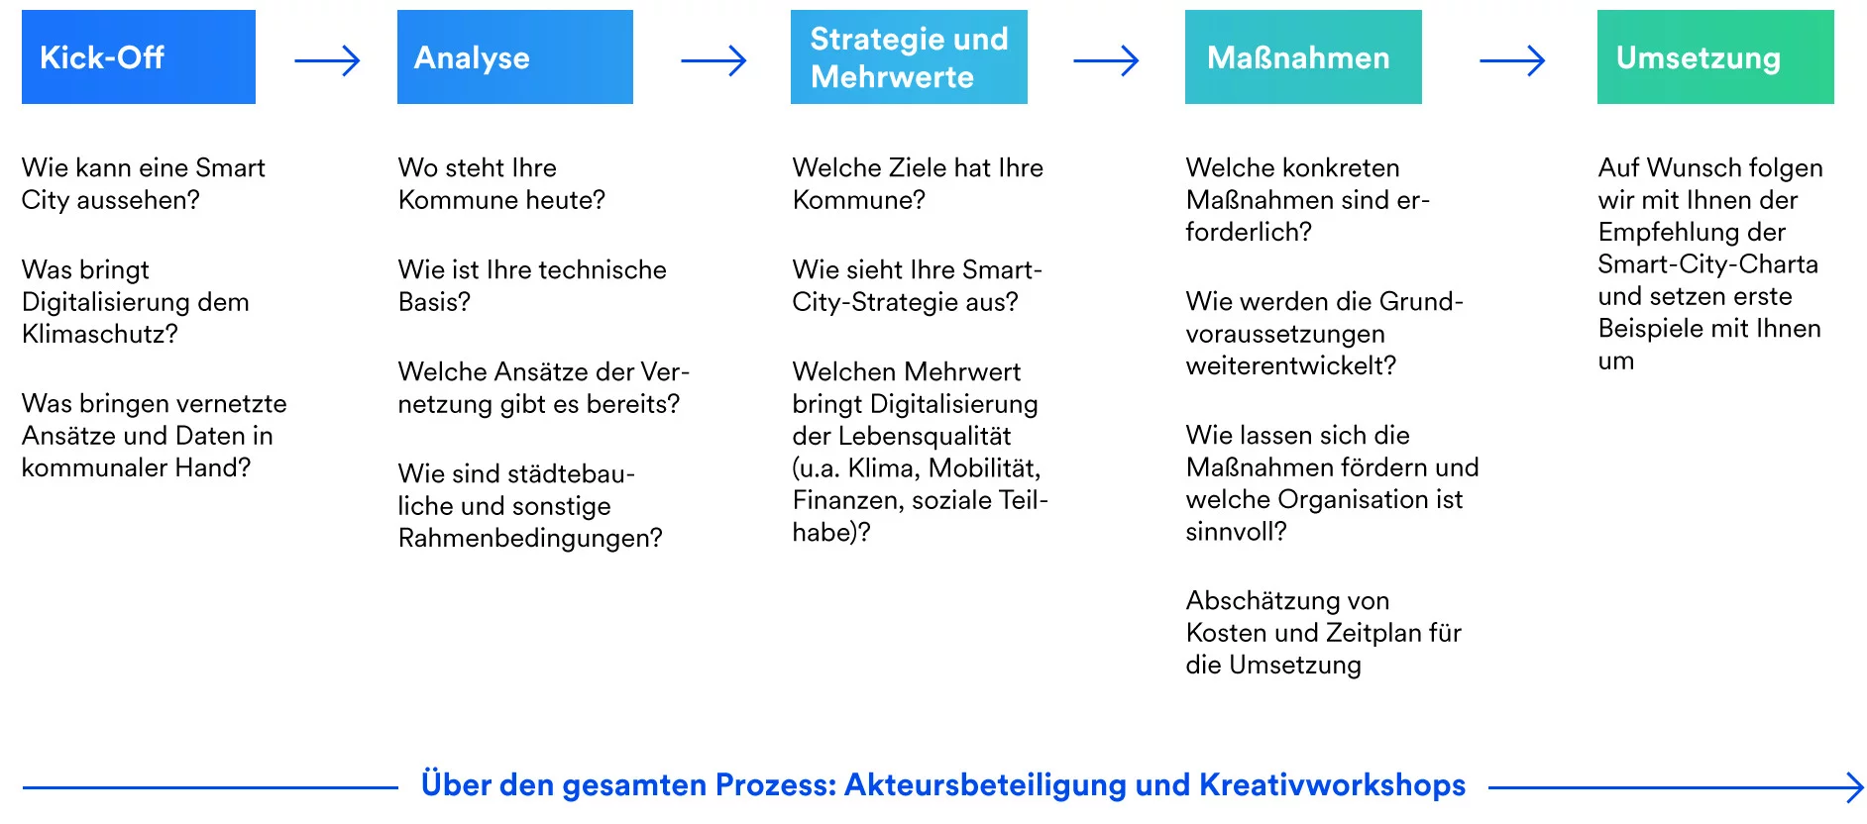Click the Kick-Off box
[x=139, y=57]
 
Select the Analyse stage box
[x=515, y=57]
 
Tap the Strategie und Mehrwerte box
[x=909, y=57]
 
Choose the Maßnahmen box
[x=1303, y=57]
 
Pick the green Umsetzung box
[x=1715, y=57]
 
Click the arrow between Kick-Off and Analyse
[x=327, y=61]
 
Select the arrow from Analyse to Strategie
[x=714, y=61]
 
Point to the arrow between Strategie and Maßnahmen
[x=1106, y=61]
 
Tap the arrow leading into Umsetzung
[x=1512, y=61]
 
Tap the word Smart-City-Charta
[x=1707, y=264]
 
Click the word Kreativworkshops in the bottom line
[x=1332, y=784]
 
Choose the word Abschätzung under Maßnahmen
[x=1251, y=601]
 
